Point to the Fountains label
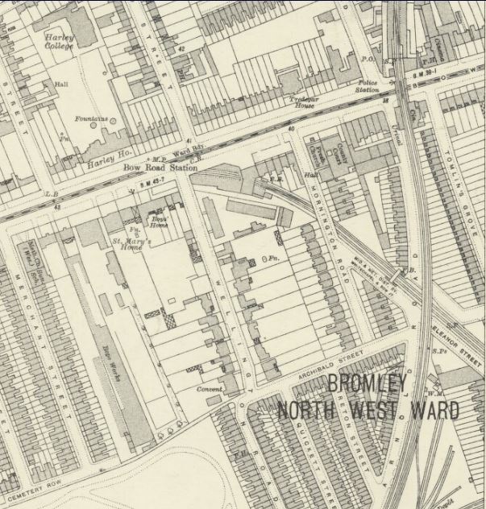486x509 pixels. tap(90, 119)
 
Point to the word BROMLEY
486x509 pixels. tap(367, 384)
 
